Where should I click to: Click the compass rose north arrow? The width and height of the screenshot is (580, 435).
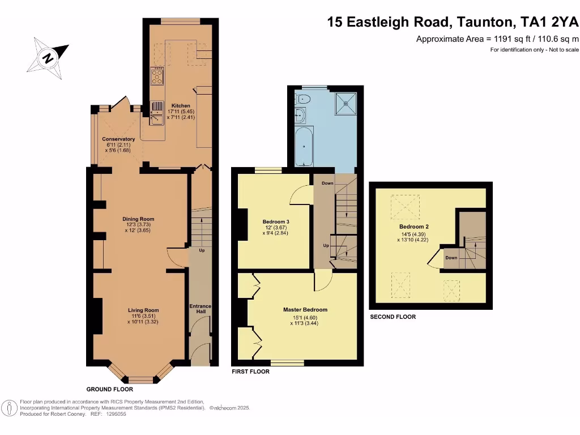coord(49,57)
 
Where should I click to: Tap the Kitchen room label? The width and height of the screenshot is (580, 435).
coord(181,106)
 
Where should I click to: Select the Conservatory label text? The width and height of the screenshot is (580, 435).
coord(118,139)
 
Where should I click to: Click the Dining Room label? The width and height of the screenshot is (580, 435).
coord(139,219)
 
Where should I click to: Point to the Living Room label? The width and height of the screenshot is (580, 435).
coord(143,310)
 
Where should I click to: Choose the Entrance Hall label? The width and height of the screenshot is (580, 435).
coord(200,310)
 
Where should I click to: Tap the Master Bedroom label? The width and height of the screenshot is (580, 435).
coord(305,310)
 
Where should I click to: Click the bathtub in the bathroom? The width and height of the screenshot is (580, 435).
coord(304,146)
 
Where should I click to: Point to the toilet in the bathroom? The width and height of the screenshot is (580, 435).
coord(304,99)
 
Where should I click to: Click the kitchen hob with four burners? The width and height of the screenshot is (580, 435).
coord(157,75)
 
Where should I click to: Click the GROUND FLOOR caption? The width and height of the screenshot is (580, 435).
coord(110,390)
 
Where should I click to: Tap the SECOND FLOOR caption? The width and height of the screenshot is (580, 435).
coord(393,317)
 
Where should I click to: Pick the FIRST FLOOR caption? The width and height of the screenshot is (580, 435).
coord(251,372)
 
